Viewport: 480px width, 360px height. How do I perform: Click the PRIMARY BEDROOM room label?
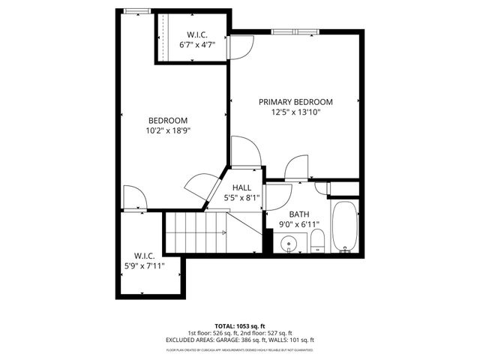point(295,102)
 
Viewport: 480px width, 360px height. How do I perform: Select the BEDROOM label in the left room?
point(167,121)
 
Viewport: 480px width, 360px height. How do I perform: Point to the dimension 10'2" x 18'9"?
point(167,131)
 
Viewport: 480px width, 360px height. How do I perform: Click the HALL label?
point(241,187)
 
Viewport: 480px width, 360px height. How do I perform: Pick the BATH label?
point(299,213)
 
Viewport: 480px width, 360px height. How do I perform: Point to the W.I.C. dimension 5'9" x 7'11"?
point(144,265)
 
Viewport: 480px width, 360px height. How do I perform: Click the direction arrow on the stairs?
point(225,232)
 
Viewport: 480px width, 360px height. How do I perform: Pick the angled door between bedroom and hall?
point(199,186)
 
